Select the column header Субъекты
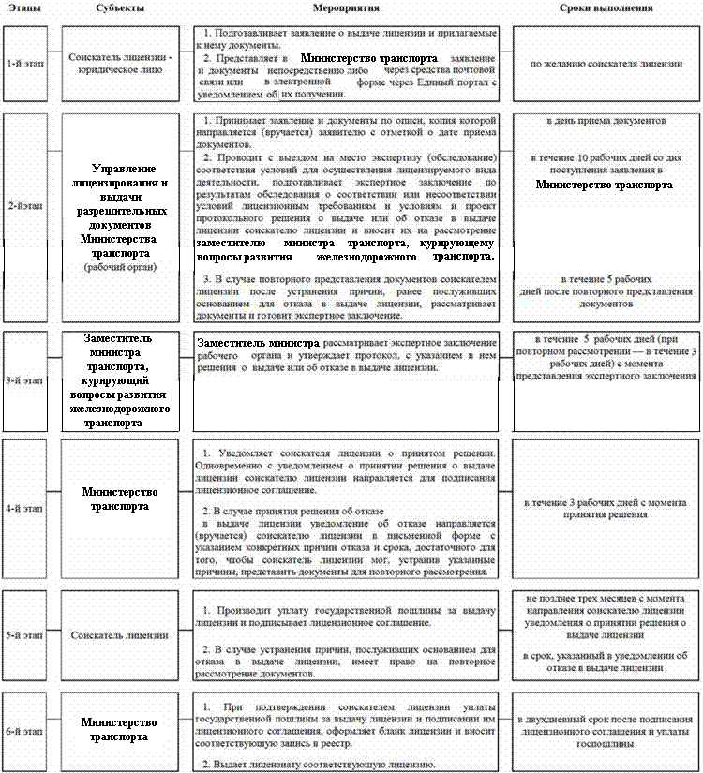(119, 7)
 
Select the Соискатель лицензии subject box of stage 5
(120, 634)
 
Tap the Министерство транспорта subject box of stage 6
(120, 729)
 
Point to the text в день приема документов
(606, 122)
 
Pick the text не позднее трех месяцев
(606, 597)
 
